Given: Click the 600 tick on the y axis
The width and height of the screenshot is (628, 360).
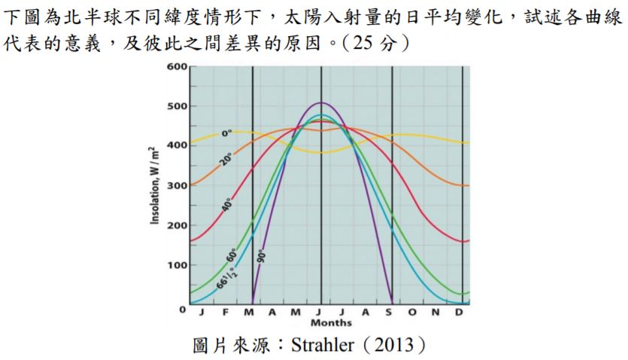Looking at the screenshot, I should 177,67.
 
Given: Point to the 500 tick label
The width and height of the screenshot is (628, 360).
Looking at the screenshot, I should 177,106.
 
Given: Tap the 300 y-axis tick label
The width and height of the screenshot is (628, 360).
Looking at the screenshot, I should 177,185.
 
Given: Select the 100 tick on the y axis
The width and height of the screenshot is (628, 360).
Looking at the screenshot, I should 177,265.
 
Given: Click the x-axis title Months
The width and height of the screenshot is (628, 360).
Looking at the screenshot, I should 331,323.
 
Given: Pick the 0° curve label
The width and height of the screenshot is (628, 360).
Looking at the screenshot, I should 226,134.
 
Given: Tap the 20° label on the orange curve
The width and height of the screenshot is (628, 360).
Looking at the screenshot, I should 226,159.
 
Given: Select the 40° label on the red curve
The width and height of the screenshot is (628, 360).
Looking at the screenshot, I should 227,204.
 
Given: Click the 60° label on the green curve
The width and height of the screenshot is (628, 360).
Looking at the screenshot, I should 232,253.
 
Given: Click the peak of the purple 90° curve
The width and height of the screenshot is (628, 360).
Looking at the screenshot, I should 322,102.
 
